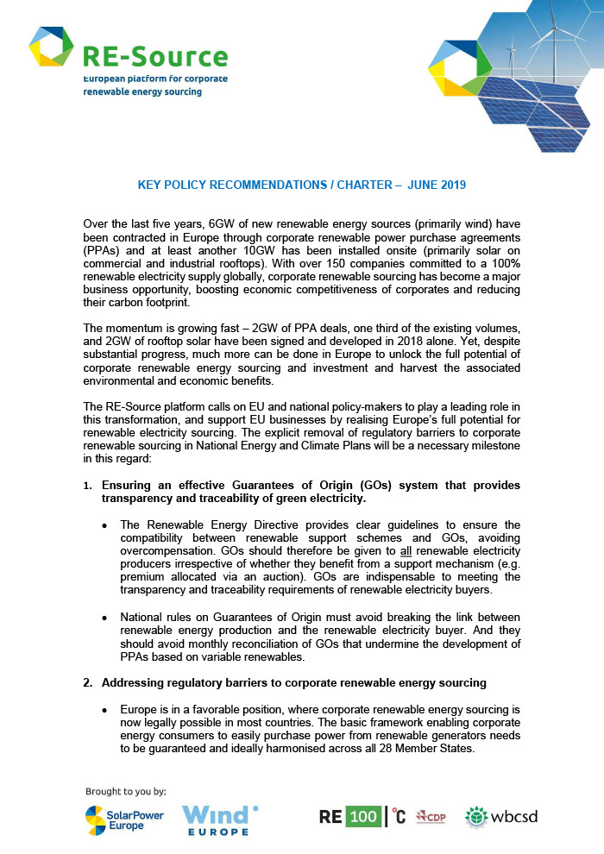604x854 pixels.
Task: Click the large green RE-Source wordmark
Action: [155, 56]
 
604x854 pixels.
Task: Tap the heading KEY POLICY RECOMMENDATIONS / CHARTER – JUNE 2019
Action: [302, 185]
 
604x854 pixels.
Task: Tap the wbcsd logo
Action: [501, 817]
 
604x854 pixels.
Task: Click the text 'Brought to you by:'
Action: [126, 790]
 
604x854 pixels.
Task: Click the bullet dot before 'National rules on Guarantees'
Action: [105, 619]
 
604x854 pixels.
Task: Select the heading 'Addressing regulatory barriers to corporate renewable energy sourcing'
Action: [293, 683]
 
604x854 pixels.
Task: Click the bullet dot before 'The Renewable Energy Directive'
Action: [105, 524]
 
